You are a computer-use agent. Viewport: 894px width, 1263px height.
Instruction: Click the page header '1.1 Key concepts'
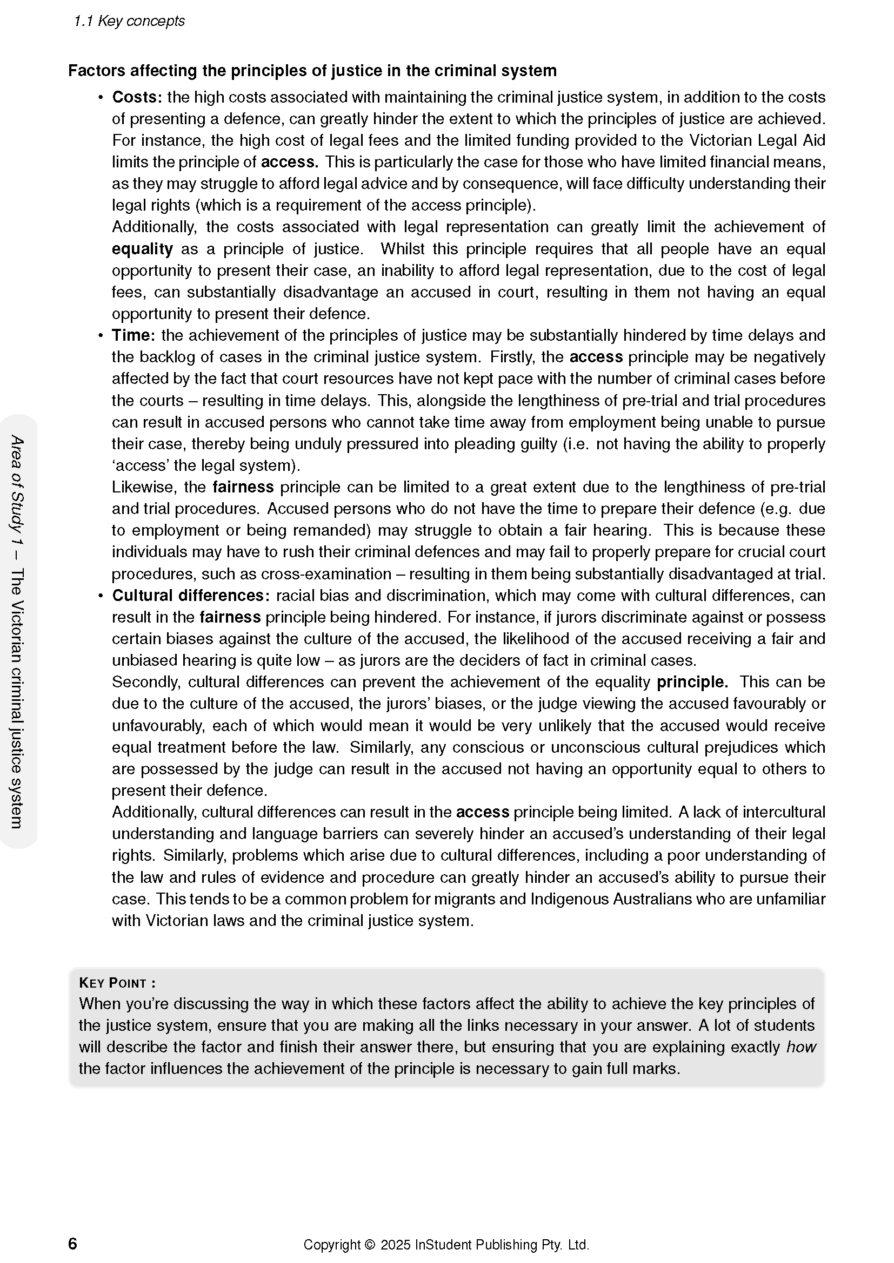[129, 21]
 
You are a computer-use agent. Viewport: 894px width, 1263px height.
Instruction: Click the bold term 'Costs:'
[137, 97]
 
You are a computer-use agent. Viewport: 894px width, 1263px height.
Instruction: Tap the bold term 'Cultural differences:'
[191, 596]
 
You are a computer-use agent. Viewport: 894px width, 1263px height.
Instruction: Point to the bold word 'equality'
[142, 249]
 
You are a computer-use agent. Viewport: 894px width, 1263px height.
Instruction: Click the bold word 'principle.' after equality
[692, 682]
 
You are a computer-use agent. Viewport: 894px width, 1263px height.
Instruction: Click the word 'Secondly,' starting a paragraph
[146, 682]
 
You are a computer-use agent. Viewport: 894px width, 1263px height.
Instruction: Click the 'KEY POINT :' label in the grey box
[117, 983]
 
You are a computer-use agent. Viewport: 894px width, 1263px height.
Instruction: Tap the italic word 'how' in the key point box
[801, 1047]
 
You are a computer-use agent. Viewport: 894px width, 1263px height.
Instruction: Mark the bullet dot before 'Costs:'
[100, 98]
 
